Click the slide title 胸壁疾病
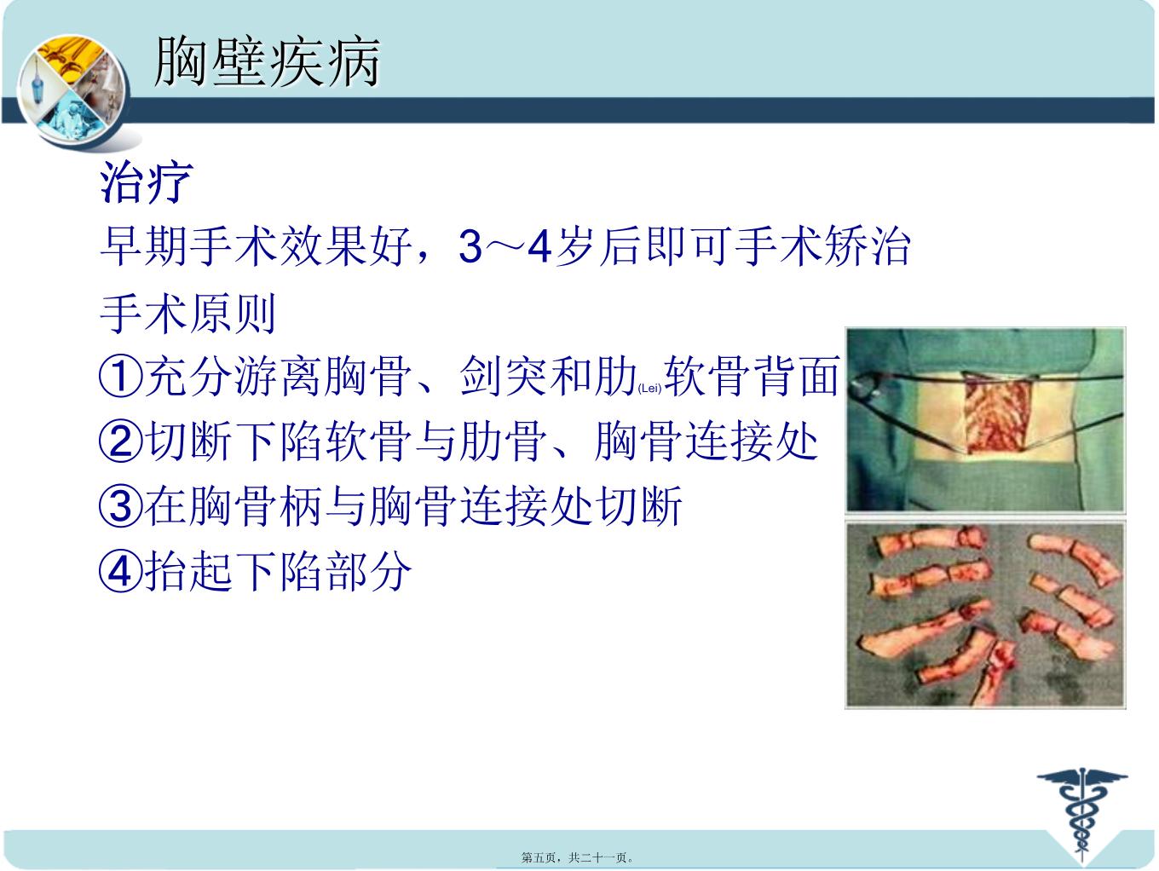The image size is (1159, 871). coord(267,61)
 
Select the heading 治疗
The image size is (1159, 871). coord(146,182)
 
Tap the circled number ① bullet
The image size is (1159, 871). coord(121,377)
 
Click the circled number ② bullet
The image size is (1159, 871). coord(121,441)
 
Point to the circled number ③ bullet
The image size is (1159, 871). coord(121,506)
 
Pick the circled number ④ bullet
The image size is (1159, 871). coord(121,571)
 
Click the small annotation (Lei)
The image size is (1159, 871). coord(649,389)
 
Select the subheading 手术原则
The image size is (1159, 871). coord(187,314)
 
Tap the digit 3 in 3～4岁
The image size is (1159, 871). coord(470,246)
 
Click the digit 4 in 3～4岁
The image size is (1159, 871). coord(539,246)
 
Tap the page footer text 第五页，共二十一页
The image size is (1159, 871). coord(577,857)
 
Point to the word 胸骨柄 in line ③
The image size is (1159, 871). coord(257,506)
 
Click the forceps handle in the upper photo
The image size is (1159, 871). coord(862,388)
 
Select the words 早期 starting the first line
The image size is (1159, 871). coord(144,246)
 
